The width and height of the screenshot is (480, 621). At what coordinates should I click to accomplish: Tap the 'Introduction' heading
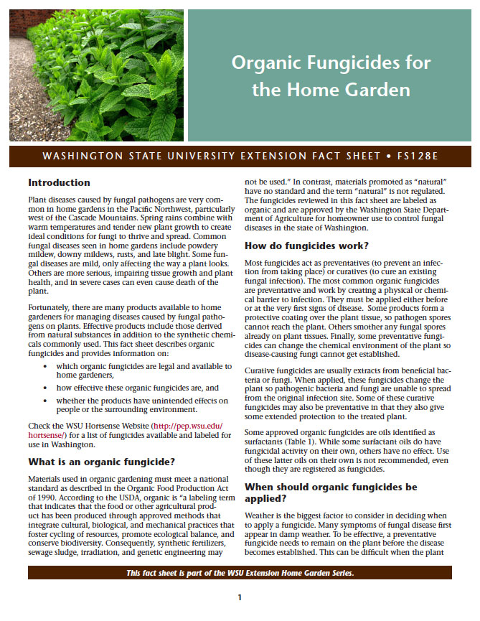click(x=59, y=182)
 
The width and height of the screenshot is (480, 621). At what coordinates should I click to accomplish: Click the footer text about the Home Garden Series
click(x=240, y=572)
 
